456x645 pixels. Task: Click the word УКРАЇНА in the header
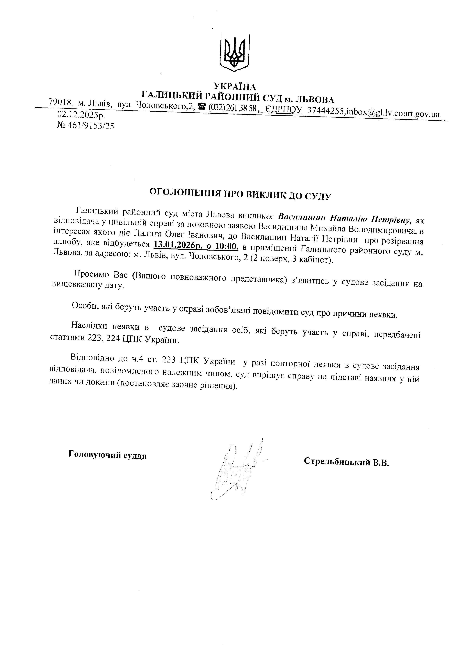click(235, 86)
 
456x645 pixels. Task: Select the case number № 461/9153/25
click(85, 126)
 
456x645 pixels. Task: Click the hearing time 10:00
click(227, 246)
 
